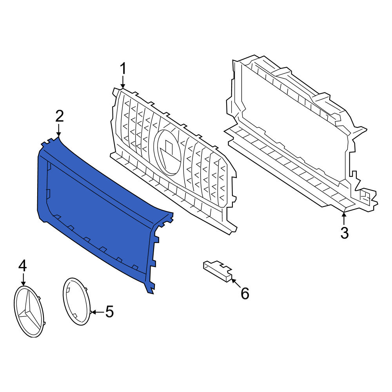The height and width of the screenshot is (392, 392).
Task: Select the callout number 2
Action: click(60, 116)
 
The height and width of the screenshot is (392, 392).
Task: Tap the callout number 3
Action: click(344, 232)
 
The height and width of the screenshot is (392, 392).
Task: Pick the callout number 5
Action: click(109, 312)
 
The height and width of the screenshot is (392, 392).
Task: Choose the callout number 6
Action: click(245, 293)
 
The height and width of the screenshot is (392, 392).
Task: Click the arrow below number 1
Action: click(123, 82)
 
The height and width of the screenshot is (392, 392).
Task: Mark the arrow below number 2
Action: click(59, 130)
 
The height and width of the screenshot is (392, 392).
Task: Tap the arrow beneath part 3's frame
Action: click(344, 218)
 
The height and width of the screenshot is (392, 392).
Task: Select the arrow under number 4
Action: click(23, 279)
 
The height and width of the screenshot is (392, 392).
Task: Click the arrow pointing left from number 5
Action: click(97, 312)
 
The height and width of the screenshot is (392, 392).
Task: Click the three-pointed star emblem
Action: click(29, 311)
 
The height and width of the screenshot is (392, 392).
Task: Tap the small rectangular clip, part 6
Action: click(218, 271)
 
